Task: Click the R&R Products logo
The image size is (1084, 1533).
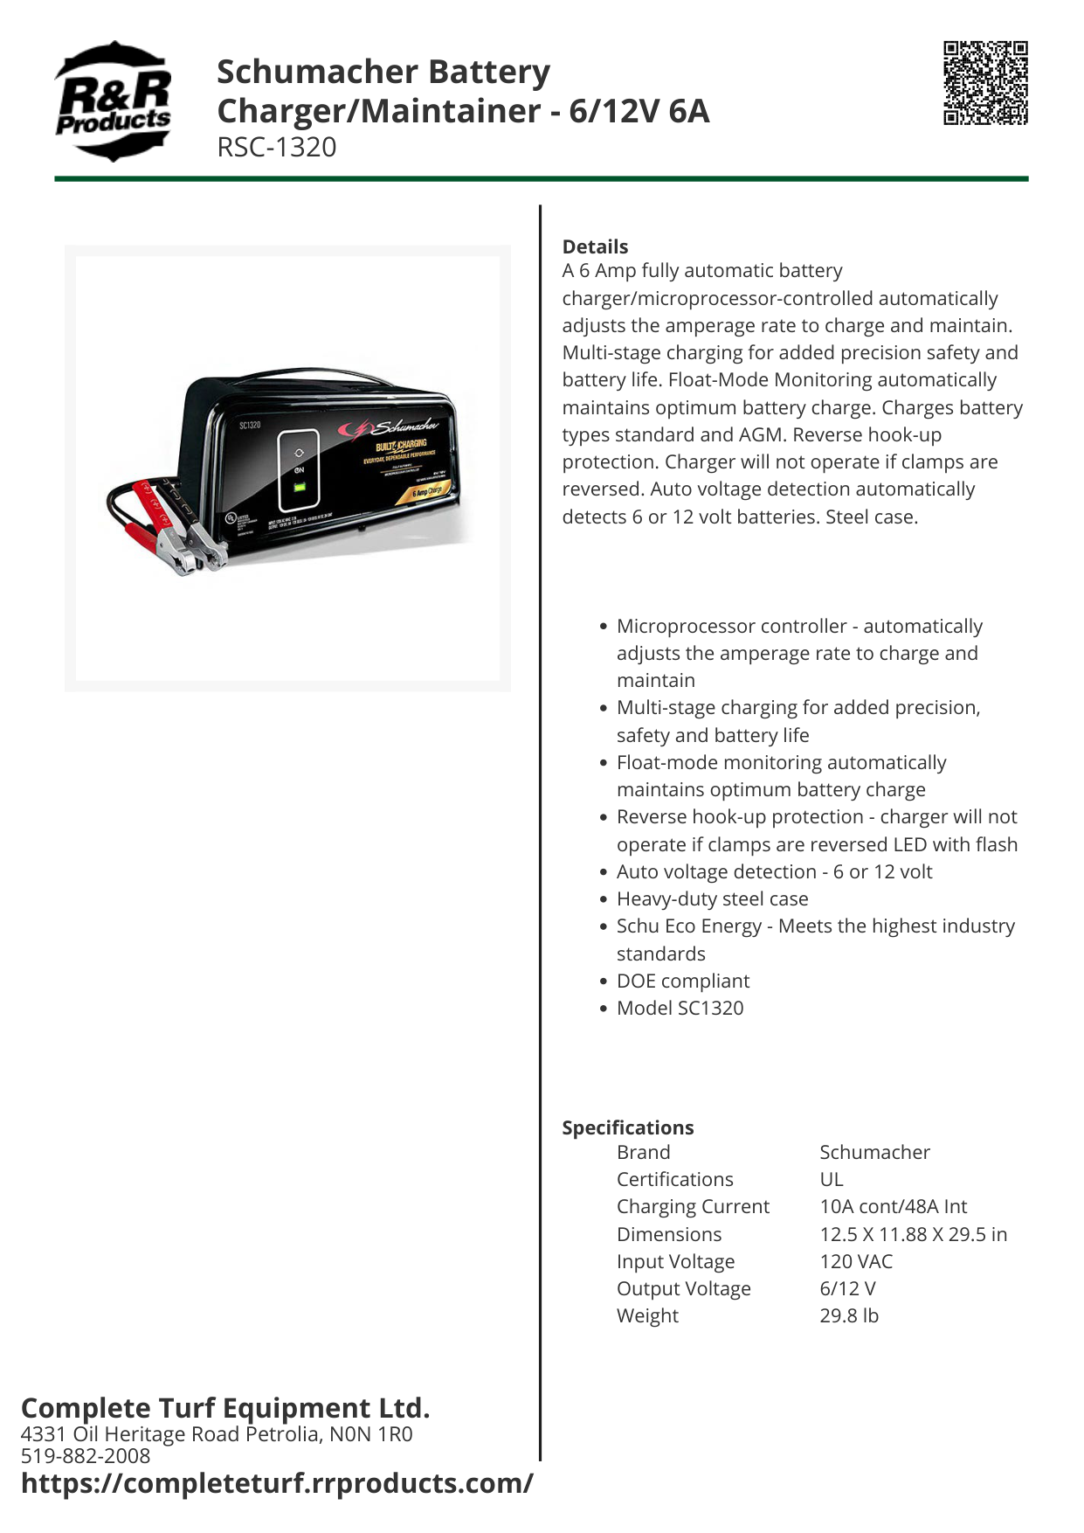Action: [113, 101]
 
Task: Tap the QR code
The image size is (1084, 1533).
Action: [985, 83]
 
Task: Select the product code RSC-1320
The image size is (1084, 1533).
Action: [276, 147]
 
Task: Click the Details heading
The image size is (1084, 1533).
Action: [595, 246]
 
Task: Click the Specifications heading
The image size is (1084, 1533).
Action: [627, 1127]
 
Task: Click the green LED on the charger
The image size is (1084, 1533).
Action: [300, 486]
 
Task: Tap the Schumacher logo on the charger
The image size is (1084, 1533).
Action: [397, 428]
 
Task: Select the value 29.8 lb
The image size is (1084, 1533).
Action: [848, 1315]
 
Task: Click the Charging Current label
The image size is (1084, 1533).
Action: [693, 1206]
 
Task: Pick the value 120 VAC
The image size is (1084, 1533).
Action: [856, 1261]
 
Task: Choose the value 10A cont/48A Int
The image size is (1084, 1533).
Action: [893, 1206]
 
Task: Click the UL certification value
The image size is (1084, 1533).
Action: [831, 1179]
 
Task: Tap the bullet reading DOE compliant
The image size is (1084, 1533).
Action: [682, 981]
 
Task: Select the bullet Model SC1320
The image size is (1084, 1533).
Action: [680, 1008]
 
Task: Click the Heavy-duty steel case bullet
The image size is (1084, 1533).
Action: [712, 898]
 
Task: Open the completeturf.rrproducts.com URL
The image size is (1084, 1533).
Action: [277, 1483]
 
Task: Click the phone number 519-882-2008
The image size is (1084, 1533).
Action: [86, 1455]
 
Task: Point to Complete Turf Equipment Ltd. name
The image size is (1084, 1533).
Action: [225, 1408]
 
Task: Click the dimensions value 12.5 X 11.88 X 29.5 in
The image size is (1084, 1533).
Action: [913, 1234]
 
